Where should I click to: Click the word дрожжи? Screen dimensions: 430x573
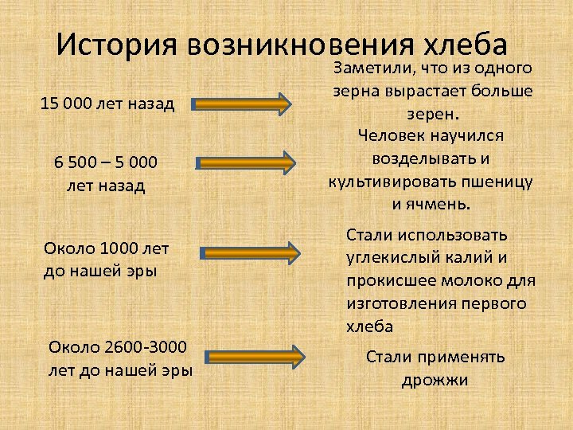pos(435,381)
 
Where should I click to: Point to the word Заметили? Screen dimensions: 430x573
pos(371,69)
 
